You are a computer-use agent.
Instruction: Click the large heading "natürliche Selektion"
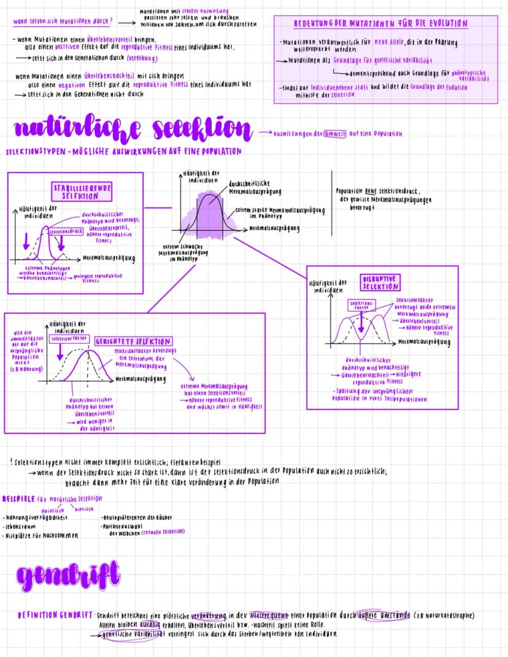(x=131, y=130)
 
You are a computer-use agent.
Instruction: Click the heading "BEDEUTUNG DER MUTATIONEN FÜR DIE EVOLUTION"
(x=381, y=23)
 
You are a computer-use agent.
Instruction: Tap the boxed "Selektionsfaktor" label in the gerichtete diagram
(x=68, y=338)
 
